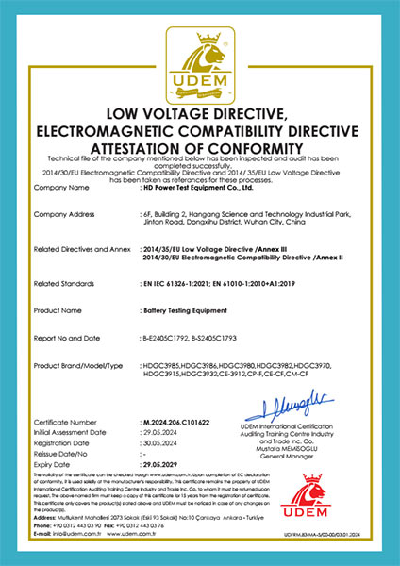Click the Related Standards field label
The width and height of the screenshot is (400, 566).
(x=61, y=283)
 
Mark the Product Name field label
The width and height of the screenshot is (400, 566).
(x=56, y=309)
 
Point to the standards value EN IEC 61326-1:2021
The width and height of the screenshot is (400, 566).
(x=180, y=283)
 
